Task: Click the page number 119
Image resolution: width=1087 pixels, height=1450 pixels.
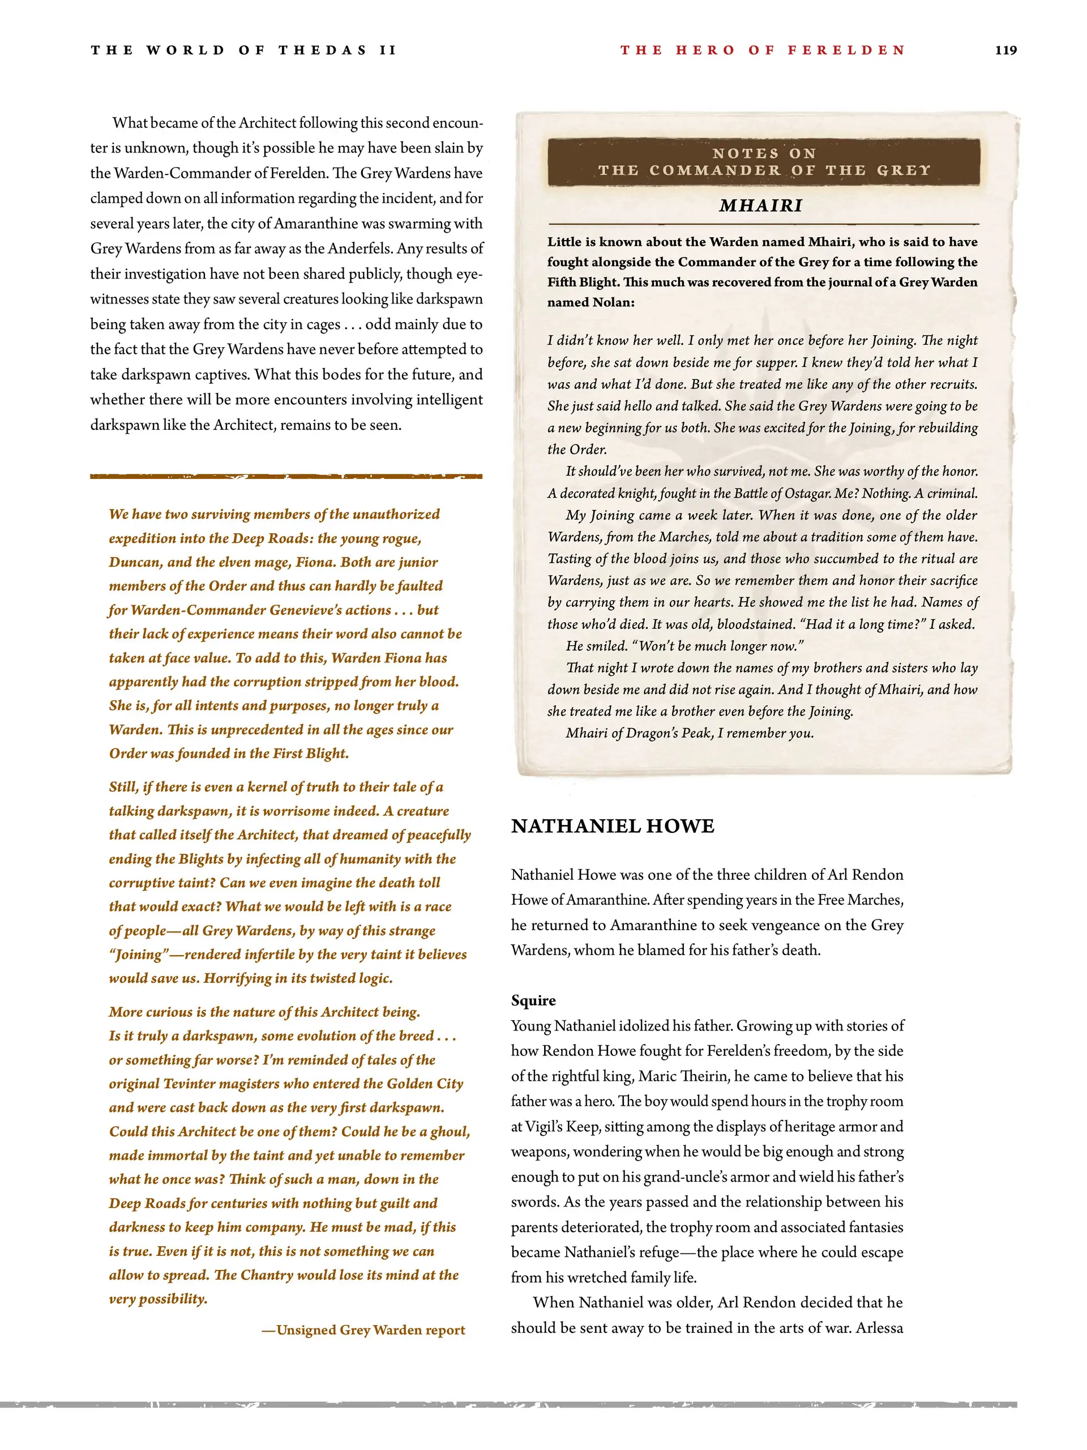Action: point(1005,50)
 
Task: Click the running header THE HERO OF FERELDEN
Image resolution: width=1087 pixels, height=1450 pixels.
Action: point(763,50)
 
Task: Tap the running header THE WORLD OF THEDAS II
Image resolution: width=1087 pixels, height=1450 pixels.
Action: point(243,50)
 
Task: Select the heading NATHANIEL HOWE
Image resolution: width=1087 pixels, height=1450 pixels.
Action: point(613,826)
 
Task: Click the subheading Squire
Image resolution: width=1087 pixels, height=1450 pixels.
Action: point(533,1000)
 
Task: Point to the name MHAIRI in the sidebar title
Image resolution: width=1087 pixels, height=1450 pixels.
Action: point(760,206)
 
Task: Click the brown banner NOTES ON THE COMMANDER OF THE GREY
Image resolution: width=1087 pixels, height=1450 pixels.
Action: point(764,162)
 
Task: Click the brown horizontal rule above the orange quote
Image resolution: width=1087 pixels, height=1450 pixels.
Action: point(286,477)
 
